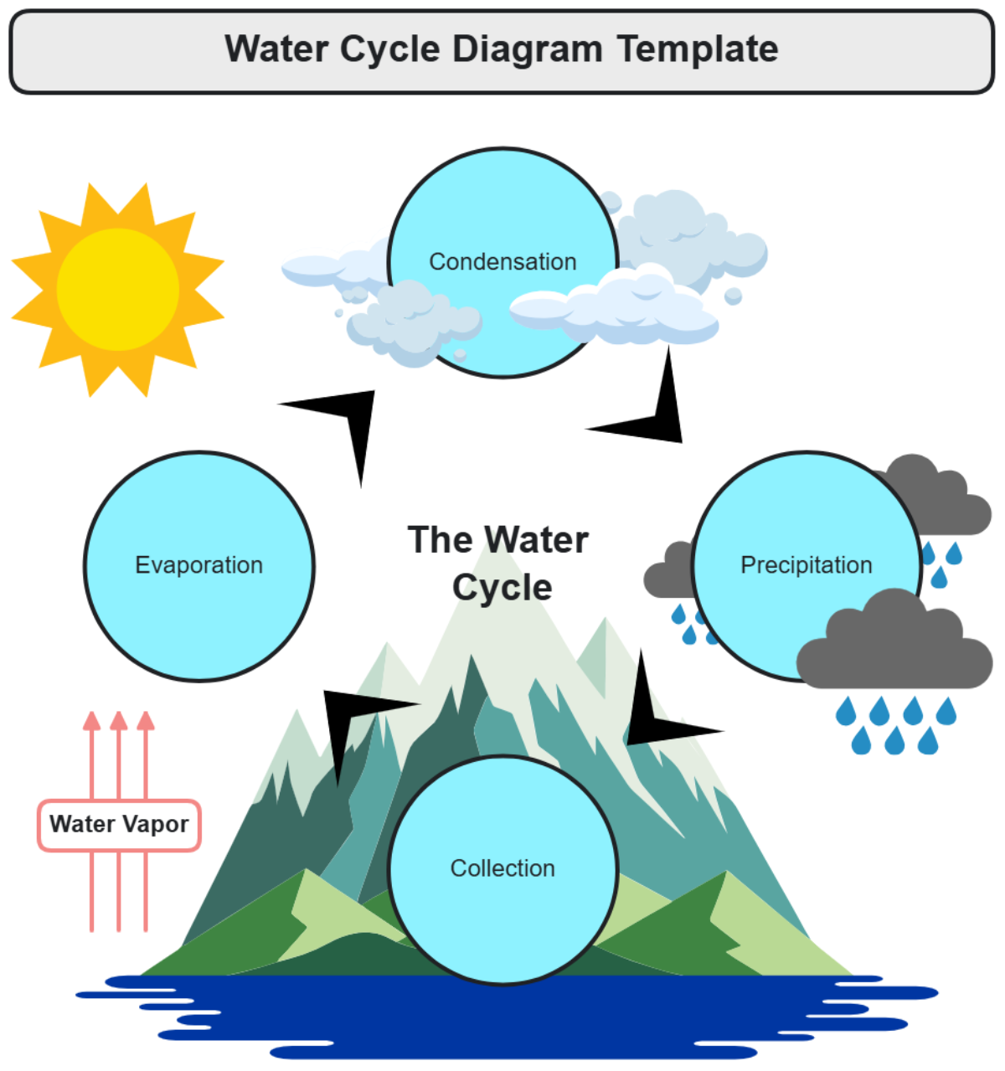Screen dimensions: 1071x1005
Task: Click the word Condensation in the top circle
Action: click(502, 262)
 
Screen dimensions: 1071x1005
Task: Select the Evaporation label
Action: click(198, 565)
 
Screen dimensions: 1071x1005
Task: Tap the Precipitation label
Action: click(806, 565)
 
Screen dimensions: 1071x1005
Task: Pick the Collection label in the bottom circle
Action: click(502, 868)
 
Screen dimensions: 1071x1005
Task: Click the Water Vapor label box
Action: click(119, 825)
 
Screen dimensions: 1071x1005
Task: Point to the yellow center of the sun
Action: click(118, 290)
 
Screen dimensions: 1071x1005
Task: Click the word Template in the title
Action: click(698, 49)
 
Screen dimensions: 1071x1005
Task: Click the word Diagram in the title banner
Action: click(528, 49)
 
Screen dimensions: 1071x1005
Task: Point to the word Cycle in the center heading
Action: click(502, 588)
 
